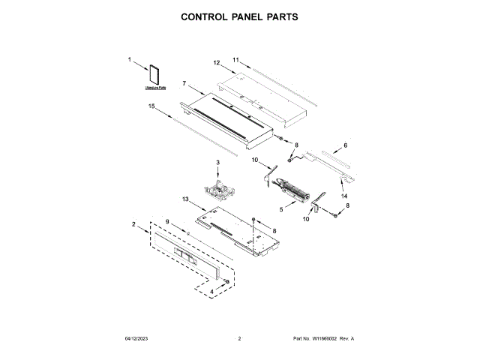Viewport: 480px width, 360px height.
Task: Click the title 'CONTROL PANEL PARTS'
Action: pos(240,16)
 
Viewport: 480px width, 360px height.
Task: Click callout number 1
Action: pos(129,59)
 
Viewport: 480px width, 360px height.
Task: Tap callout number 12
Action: pos(216,63)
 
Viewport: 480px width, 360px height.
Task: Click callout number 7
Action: pos(184,83)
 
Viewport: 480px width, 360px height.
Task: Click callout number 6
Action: pos(346,145)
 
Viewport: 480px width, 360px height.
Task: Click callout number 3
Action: pos(217,163)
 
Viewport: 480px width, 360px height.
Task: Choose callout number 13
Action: pos(185,199)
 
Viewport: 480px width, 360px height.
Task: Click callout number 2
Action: pos(133,224)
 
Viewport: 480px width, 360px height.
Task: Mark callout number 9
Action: pos(168,221)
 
